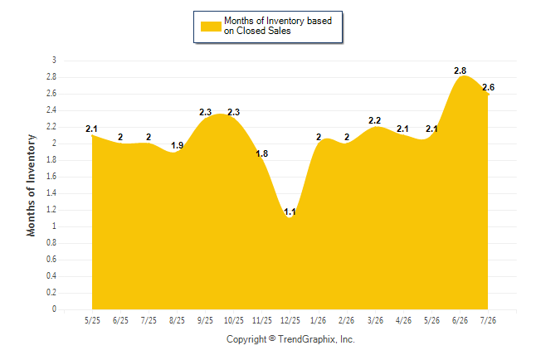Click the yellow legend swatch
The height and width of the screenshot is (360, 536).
coord(211,27)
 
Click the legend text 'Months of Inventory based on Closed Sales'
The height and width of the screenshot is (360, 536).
coord(278,26)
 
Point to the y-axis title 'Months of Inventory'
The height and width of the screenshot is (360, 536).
coord(31,185)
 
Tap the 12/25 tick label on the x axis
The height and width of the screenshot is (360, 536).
coord(290,320)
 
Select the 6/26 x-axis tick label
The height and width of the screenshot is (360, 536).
coord(460,320)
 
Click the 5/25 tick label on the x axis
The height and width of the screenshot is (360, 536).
coord(92,320)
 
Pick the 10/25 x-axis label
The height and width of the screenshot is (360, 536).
coord(233,320)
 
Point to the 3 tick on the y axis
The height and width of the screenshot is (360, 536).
coord(54,61)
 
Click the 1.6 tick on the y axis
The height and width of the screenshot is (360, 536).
coord(51,177)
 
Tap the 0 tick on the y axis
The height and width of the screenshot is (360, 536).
coord(54,309)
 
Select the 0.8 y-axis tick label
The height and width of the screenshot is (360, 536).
coord(51,243)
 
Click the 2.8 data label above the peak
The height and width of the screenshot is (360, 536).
coord(460,71)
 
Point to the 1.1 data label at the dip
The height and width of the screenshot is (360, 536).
coord(290,212)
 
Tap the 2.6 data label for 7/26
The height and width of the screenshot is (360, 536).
coord(488,88)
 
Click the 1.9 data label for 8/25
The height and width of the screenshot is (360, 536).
coord(177,146)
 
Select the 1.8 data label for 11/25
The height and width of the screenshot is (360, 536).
coord(262,153)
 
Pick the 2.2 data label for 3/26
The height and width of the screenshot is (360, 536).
coord(375,120)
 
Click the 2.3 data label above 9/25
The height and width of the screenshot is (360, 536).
coord(206,112)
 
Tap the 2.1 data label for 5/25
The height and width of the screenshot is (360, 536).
coord(91,129)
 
